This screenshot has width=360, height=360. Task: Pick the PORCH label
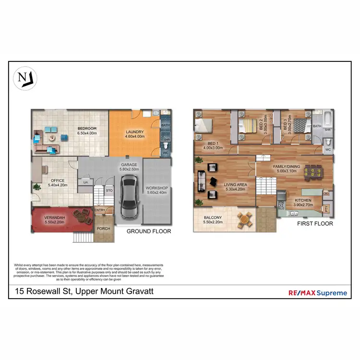tap(104, 228)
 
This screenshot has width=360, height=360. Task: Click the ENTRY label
tap(100, 210)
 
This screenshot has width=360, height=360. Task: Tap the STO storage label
tap(109, 190)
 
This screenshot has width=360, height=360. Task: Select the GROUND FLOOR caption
tap(149, 231)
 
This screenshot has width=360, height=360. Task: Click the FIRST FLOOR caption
tap(315, 224)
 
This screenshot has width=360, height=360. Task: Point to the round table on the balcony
tap(245, 220)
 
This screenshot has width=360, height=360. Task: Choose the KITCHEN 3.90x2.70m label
tap(302, 203)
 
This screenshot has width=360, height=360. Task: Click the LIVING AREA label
tap(235, 186)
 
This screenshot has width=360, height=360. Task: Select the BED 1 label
tap(213, 145)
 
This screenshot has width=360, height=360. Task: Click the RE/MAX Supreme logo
tap(317, 292)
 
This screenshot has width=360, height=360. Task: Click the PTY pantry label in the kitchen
tap(326, 208)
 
